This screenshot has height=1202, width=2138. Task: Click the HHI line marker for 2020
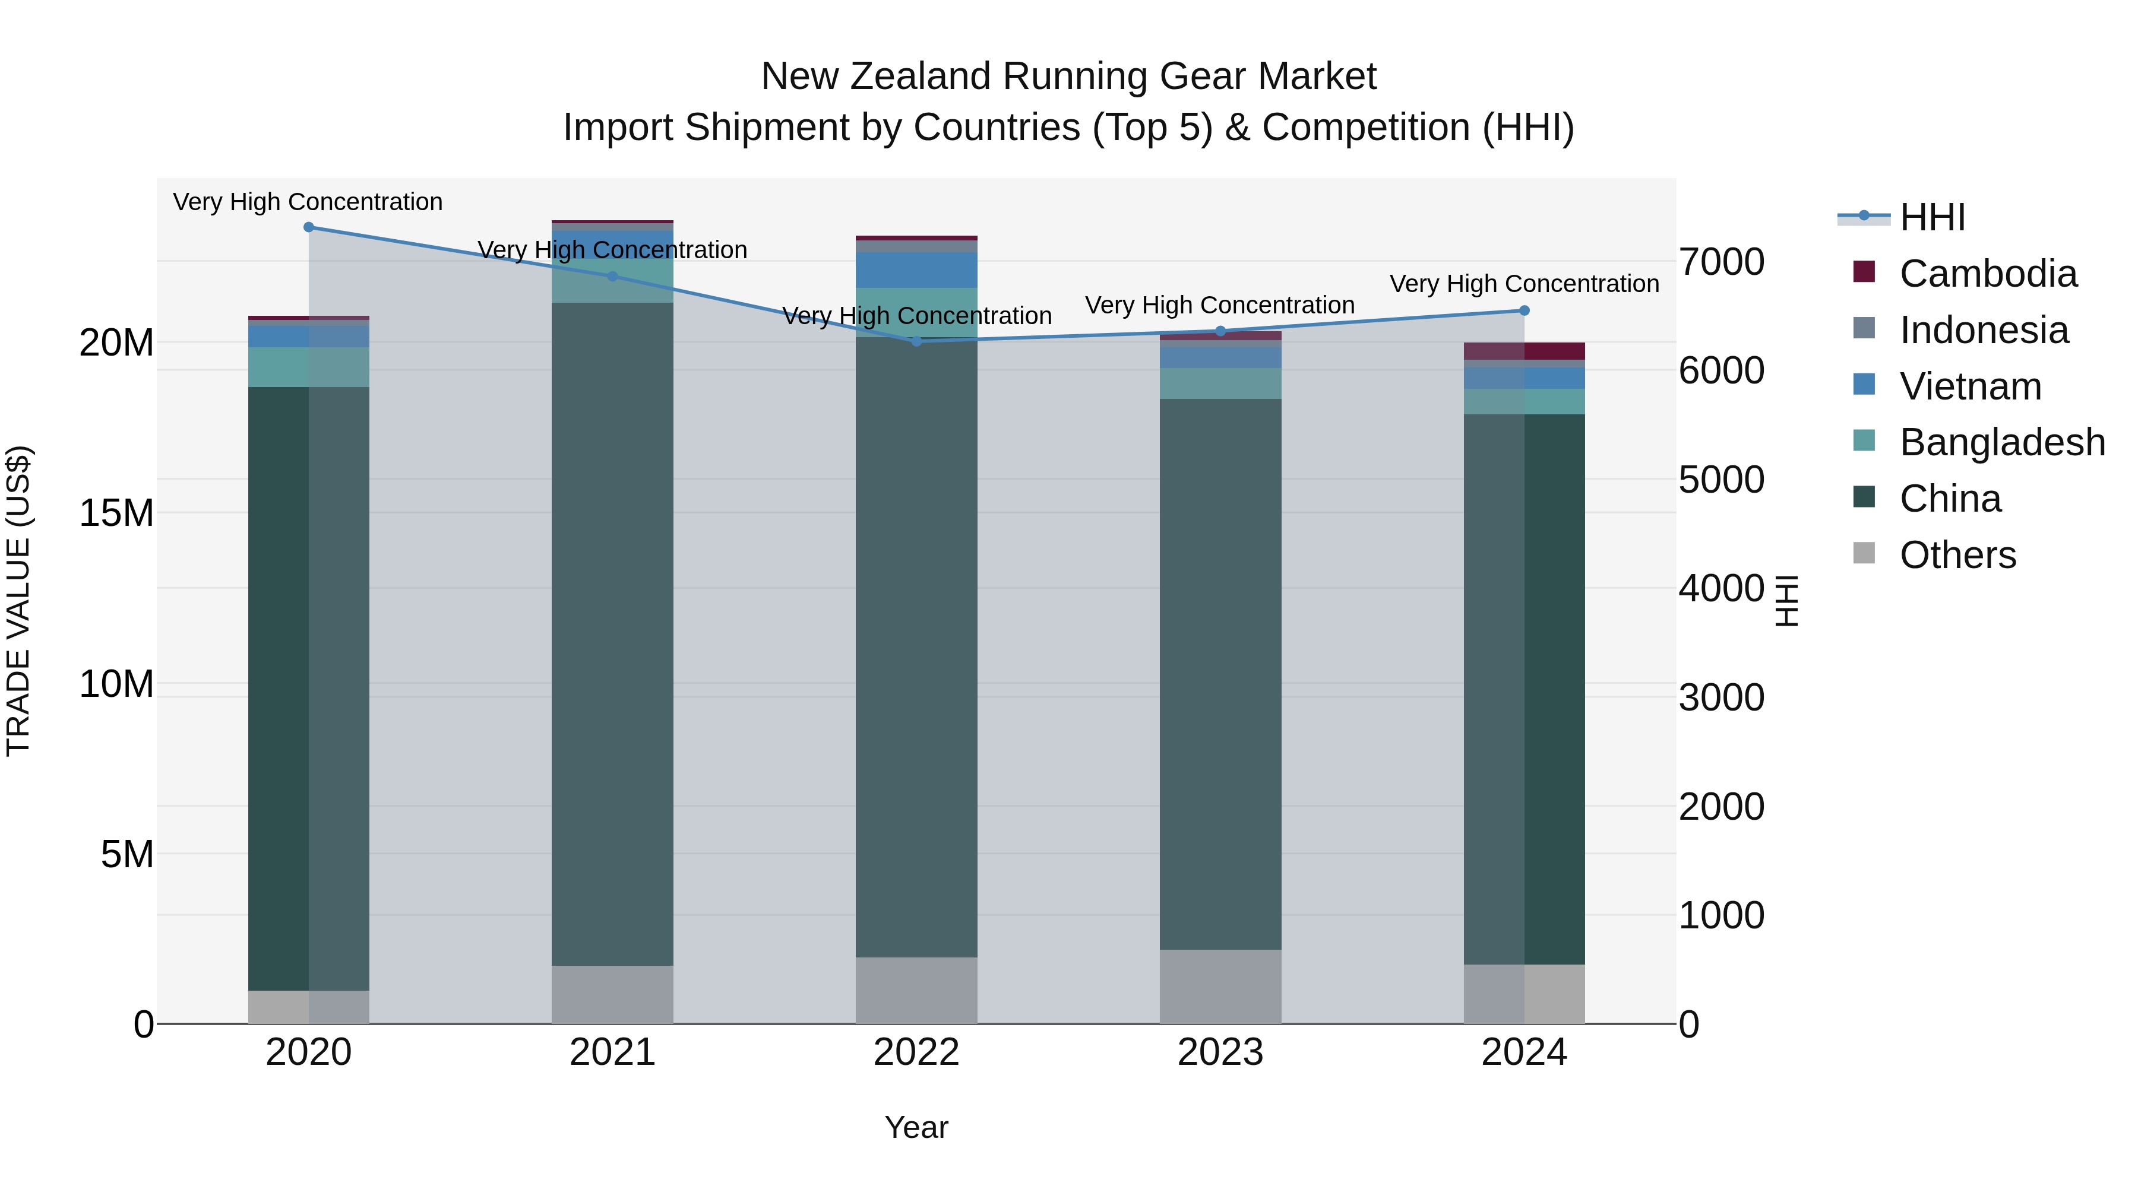(x=309, y=227)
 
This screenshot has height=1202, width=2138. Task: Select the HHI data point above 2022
(x=916, y=341)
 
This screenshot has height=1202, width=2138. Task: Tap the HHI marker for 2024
(x=1524, y=311)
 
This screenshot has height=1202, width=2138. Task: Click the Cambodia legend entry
(x=1987, y=274)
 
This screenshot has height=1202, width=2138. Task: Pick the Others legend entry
(x=1957, y=555)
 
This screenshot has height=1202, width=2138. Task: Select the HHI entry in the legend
(x=1931, y=217)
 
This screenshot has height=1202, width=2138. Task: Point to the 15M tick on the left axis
(x=116, y=513)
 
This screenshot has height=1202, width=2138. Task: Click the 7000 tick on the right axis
(x=1721, y=262)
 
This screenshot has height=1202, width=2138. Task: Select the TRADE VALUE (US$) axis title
(x=18, y=601)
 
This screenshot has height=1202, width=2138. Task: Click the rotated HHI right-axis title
(x=1786, y=601)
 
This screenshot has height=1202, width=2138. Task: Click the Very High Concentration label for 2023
(x=1219, y=305)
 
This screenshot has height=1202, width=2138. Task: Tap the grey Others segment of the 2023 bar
(x=1220, y=987)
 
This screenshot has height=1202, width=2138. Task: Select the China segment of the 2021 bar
(x=612, y=630)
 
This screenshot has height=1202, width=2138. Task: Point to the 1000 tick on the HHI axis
(x=1721, y=916)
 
